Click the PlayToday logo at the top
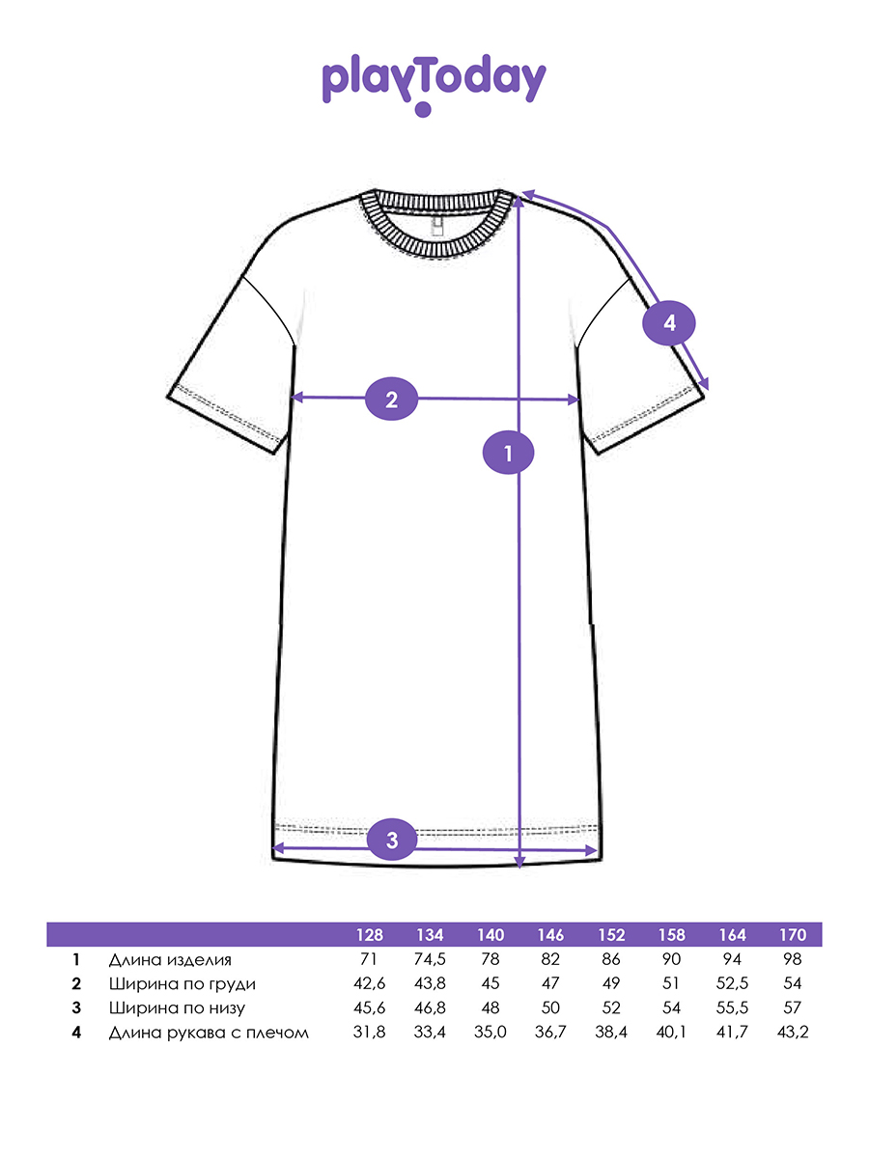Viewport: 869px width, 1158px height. pos(434,83)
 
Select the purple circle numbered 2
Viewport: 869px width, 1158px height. pos(391,399)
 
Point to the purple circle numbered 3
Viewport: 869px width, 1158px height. pos(391,839)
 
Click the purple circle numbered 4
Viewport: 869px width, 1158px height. pos(669,322)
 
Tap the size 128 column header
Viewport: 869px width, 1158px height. pos(369,935)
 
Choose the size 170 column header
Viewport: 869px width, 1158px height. pos(792,935)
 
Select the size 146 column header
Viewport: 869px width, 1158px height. pos(550,935)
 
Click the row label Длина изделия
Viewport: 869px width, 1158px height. pos(170,960)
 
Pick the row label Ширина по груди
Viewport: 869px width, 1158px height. pos(182,984)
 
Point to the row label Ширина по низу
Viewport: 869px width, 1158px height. pos(177,1008)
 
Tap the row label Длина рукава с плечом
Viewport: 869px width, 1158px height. pos(209,1033)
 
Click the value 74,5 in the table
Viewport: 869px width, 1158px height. pos(430,960)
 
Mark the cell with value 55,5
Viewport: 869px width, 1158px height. pos(731,1008)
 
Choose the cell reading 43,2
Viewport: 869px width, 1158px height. pos(792,1033)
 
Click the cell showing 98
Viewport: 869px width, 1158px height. pos(792,960)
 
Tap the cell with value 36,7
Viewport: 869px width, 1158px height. pos(550,1033)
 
